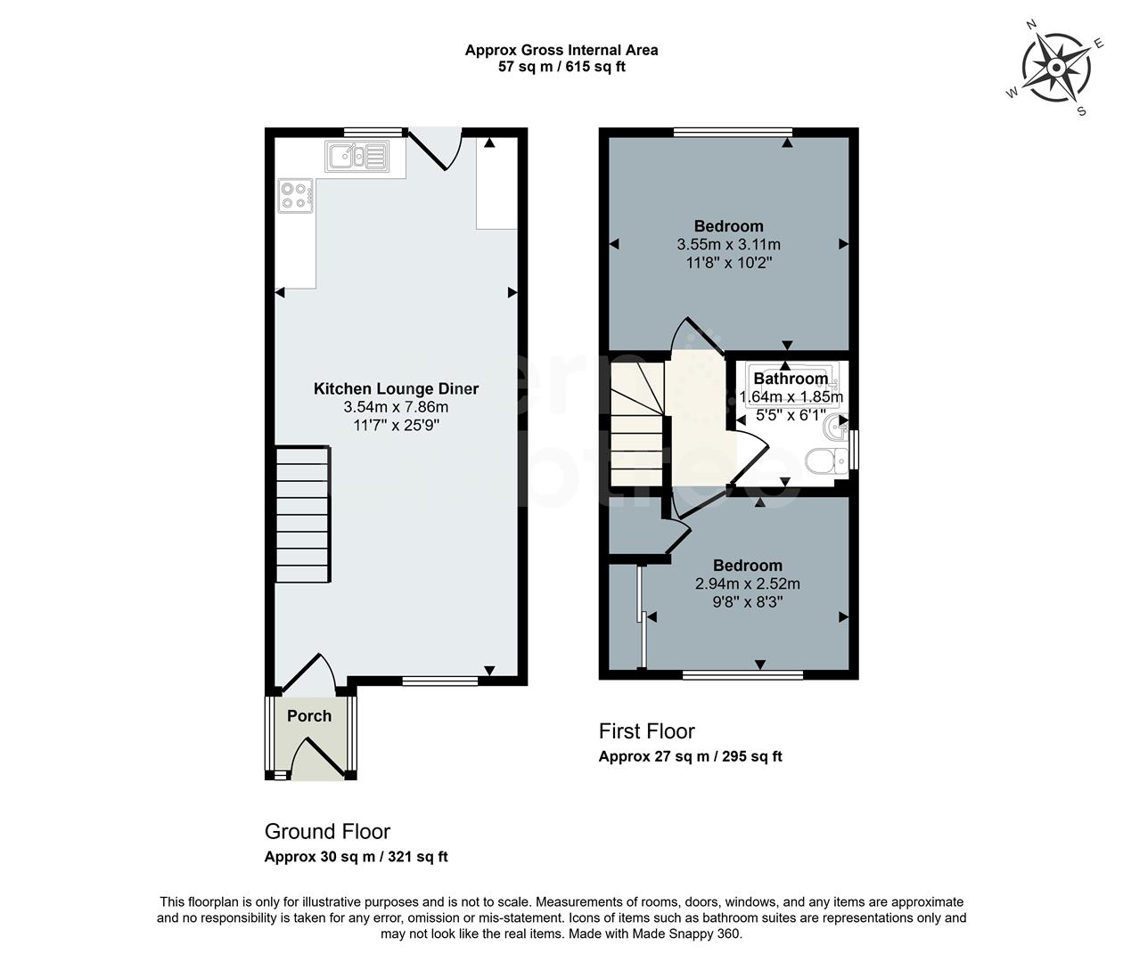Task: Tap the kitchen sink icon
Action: pos(356,157)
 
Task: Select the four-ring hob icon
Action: pos(296,196)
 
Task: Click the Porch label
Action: pos(309,716)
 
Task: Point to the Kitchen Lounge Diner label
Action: pos(396,389)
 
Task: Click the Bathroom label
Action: pos(791,379)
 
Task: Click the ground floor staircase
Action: pos(303,515)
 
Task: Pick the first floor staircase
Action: pos(637,425)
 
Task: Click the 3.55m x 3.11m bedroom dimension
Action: pos(728,245)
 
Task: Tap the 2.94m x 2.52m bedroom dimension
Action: pos(747,584)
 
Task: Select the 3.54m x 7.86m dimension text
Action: pos(396,407)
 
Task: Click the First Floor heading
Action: pos(646,731)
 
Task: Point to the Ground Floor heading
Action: pos(327,832)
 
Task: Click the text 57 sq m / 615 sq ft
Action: pos(561,67)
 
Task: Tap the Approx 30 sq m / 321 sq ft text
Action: pos(356,858)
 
